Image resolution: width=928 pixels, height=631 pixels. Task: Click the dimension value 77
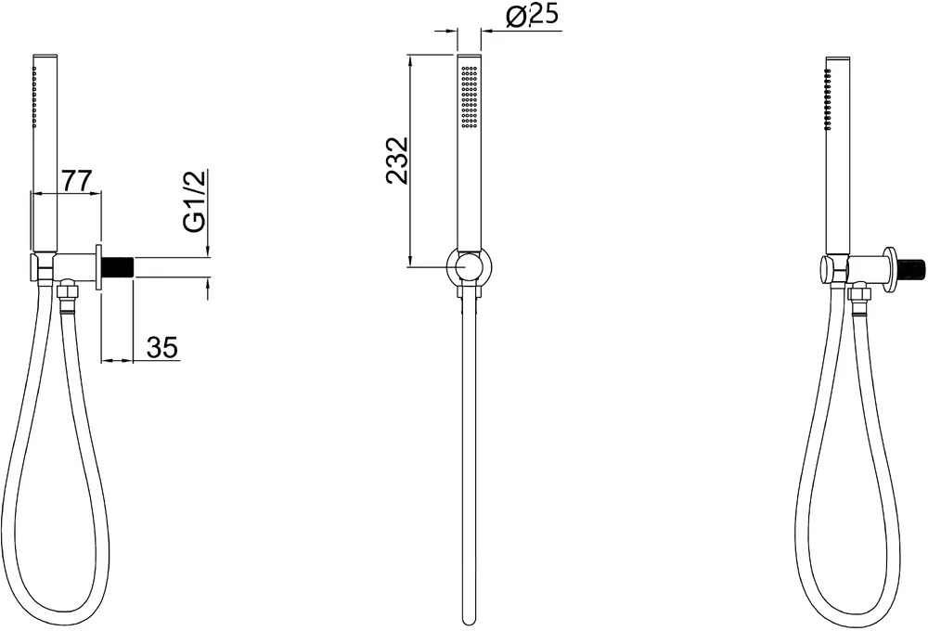tap(78, 180)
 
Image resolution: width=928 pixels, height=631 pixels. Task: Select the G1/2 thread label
tap(195, 201)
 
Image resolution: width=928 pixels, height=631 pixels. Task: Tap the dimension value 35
tap(162, 347)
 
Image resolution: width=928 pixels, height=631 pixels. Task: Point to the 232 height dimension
tap(396, 161)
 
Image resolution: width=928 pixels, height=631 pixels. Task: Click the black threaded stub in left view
tap(119, 267)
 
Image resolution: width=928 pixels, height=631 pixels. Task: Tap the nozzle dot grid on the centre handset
tap(469, 97)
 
